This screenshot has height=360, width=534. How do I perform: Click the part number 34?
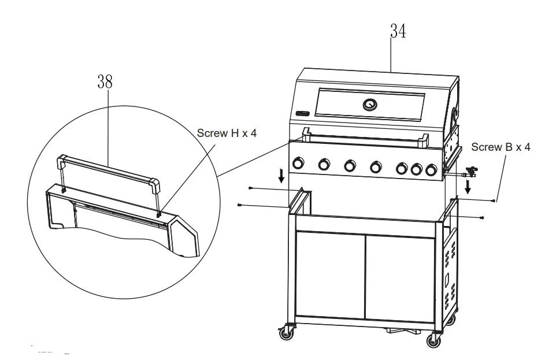click(x=398, y=32)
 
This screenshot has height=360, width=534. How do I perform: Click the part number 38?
click(x=105, y=83)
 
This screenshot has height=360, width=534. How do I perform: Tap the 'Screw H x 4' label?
click(x=227, y=133)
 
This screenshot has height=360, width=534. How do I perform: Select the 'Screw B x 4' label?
click(x=500, y=147)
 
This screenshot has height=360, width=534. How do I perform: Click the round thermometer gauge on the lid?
click(x=369, y=105)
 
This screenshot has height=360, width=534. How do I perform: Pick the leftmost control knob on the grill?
click(x=299, y=164)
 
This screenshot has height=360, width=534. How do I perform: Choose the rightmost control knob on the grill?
click(x=431, y=170)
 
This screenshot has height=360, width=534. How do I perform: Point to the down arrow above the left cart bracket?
click(x=281, y=176)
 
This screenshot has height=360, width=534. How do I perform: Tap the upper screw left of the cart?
click(x=251, y=188)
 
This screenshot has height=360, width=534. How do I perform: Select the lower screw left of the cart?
click(x=239, y=205)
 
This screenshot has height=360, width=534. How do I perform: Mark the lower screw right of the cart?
click(x=482, y=217)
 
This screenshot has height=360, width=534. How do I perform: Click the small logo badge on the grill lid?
click(x=302, y=113)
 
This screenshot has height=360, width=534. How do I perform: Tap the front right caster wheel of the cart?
click(x=433, y=340)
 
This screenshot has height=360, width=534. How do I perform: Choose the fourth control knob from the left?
click(x=377, y=167)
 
